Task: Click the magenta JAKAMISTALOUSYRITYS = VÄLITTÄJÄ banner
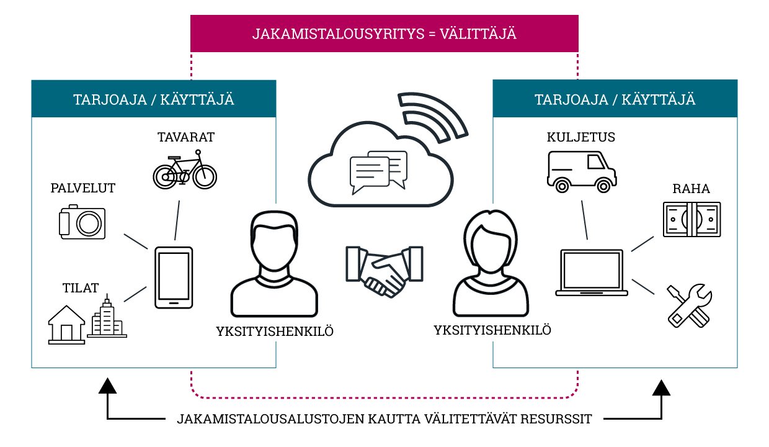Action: click(x=384, y=34)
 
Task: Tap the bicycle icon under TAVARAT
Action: click(x=185, y=169)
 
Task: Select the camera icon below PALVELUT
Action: click(x=82, y=222)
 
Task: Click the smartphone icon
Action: click(x=174, y=278)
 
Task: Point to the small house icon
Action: click(x=66, y=325)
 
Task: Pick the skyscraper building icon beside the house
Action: click(x=107, y=316)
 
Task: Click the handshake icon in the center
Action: click(x=384, y=271)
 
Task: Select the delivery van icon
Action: click(x=582, y=171)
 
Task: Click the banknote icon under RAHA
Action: click(x=691, y=220)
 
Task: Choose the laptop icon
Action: click(x=592, y=273)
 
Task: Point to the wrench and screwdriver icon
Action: click(x=690, y=305)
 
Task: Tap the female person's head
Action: click(x=490, y=240)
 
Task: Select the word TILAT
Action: click(x=81, y=288)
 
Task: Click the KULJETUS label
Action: click(x=581, y=137)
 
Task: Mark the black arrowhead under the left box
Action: click(x=107, y=386)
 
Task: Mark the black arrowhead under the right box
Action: click(x=661, y=387)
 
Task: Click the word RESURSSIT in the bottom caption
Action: click(x=556, y=419)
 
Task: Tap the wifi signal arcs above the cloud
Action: click(x=433, y=117)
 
